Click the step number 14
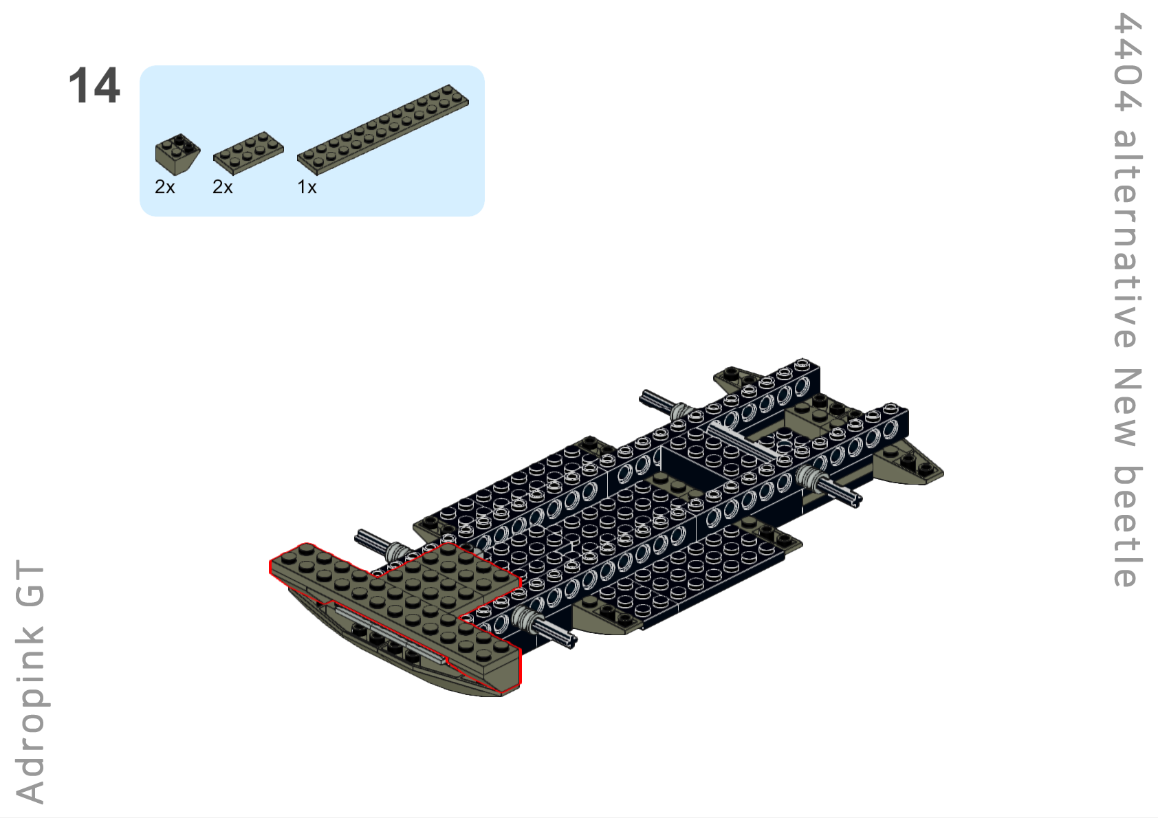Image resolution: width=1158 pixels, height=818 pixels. tap(94, 86)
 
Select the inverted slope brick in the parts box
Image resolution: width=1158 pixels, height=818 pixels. tap(177, 154)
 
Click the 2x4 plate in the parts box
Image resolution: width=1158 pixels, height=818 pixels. tap(248, 153)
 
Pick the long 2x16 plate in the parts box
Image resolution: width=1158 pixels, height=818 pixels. tap(382, 130)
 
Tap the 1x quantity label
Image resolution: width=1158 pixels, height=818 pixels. tap(307, 187)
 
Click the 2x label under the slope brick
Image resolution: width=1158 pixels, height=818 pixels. tap(165, 187)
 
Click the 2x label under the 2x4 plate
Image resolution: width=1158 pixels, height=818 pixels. tap(223, 187)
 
